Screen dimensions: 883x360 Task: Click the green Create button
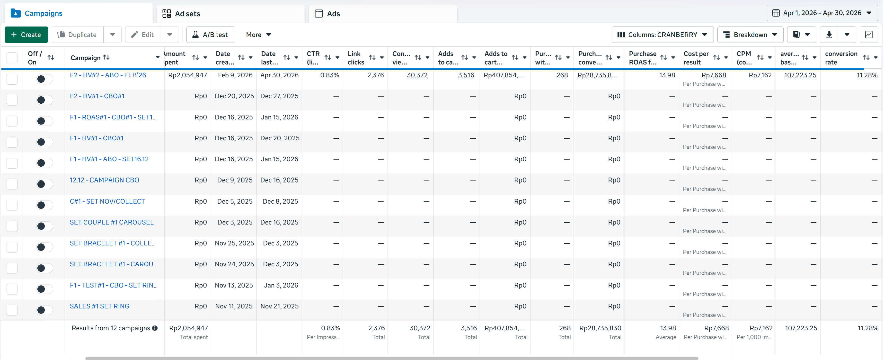point(26,35)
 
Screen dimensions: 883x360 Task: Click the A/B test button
point(211,35)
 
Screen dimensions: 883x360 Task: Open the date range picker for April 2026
point(822,13)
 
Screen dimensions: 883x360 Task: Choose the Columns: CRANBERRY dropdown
point(662,35)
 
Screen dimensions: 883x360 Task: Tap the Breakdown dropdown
point(750,35)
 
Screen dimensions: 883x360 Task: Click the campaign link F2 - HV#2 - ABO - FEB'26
point(108,75)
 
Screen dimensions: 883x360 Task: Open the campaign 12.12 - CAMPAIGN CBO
point(104,180)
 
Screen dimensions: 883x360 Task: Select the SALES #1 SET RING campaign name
point(99,306)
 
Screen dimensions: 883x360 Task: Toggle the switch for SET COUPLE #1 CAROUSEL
point(44,226)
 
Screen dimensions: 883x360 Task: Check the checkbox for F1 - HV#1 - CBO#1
point(12,142)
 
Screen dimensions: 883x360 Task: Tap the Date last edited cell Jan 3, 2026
point(281,285)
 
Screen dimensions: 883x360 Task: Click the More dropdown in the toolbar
point(258,35)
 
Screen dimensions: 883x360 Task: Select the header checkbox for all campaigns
point(12,58)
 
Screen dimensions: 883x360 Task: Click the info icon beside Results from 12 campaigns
point(155,328)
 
